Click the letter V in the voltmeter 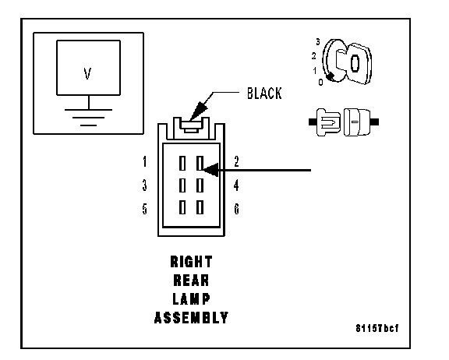click(87, 73)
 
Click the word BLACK click(264, 94)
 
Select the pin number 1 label click(145, 161)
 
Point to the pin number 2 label click(236, 161)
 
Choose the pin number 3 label click(145, 185)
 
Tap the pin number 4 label click(236, 185)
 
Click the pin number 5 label click(145, 209)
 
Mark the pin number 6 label click(236, 209)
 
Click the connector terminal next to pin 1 click(182, 163)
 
